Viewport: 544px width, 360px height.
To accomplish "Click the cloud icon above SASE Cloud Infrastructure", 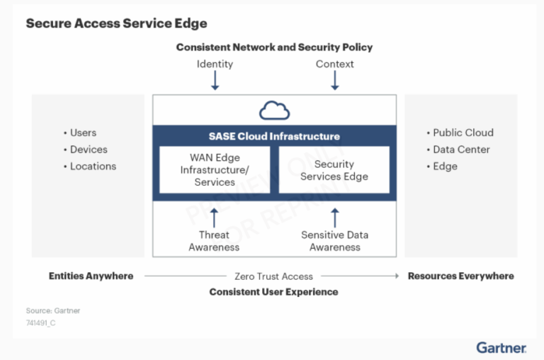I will [274, 111].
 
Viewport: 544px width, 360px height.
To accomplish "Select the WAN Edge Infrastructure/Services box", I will [215, 169].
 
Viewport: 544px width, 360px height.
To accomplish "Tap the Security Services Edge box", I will [334, 169].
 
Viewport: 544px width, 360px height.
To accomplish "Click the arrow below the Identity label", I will [215, 80].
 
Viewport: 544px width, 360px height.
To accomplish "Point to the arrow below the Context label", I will [335, 80].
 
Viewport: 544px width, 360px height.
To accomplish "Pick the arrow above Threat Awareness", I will [215, 217].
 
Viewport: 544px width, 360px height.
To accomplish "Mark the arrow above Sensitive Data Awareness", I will [335, 217].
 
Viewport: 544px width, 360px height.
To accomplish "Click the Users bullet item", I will [83, 133].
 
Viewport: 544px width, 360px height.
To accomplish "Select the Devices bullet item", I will [88, 150].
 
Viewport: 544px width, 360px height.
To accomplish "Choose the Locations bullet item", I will [92, 166].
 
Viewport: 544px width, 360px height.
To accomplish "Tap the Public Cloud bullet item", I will [463, 133].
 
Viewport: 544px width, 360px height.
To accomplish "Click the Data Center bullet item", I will [460, 150].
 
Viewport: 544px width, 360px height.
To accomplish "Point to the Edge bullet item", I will [445, 166].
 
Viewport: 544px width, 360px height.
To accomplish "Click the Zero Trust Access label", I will [273, 276].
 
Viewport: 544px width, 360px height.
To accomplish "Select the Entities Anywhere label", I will [91, 276].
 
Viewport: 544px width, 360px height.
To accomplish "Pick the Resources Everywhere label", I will [460, 276].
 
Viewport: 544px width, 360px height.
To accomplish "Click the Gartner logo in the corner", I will [501, 347].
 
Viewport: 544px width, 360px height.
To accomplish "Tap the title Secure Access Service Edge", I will [116, 23].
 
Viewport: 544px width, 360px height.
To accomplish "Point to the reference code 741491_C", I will [41, 322].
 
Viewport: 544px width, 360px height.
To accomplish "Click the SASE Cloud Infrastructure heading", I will [274, 136].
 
